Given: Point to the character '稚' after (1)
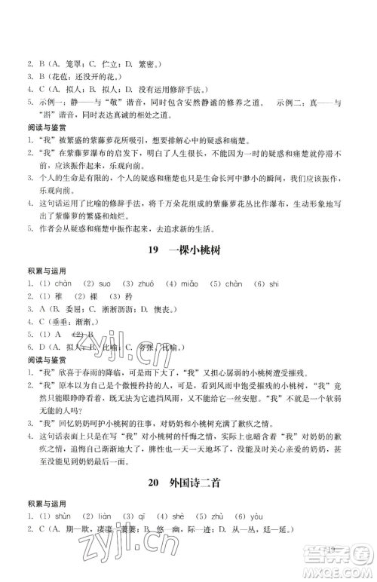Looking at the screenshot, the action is click(x=56, y=296).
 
